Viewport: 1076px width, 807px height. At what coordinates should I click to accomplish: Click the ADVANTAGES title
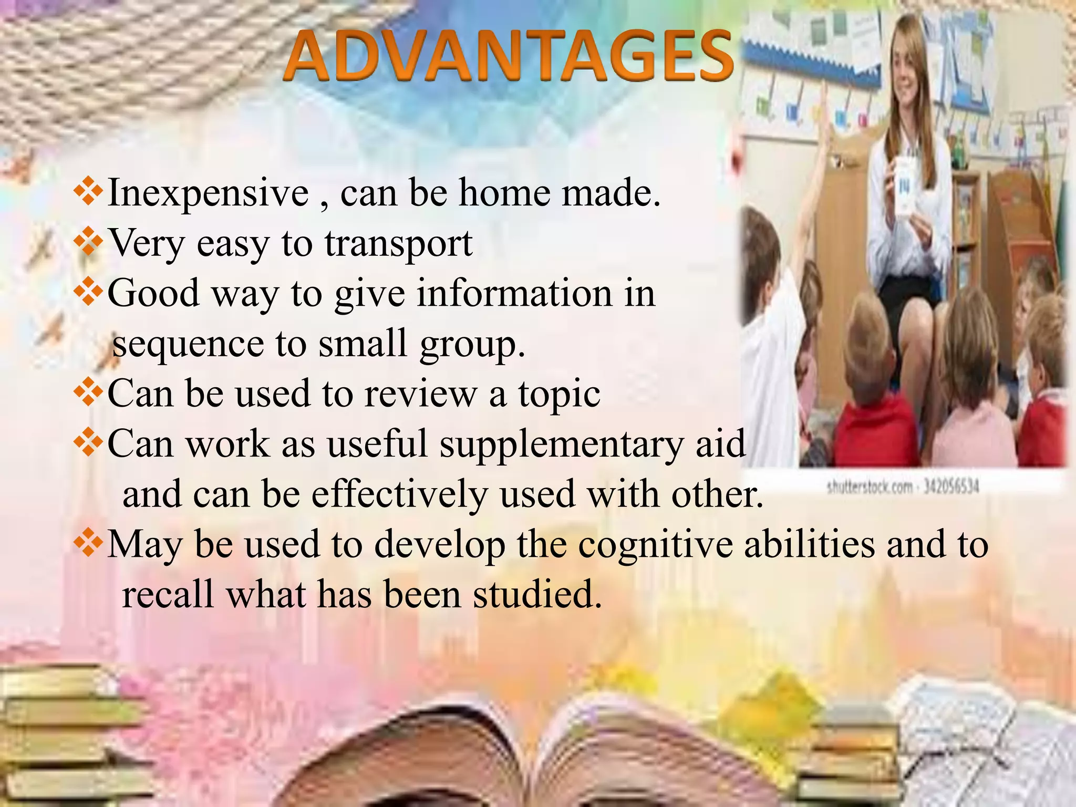click(x=509, y=57)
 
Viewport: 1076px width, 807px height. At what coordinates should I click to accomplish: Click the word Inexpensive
click(x=208, y=193)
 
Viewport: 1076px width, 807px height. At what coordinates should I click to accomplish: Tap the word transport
click(x=398, y=244)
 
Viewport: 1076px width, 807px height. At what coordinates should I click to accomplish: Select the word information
click(x=515, y=293)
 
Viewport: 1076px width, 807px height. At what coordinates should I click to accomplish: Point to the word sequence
click(x=188, y=345)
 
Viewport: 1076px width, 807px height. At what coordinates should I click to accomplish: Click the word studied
click(x=537, y=595)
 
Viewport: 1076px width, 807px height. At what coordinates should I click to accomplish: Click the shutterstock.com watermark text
click(x=903, y=488)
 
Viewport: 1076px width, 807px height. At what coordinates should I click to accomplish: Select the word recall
click(x=168, y=595)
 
